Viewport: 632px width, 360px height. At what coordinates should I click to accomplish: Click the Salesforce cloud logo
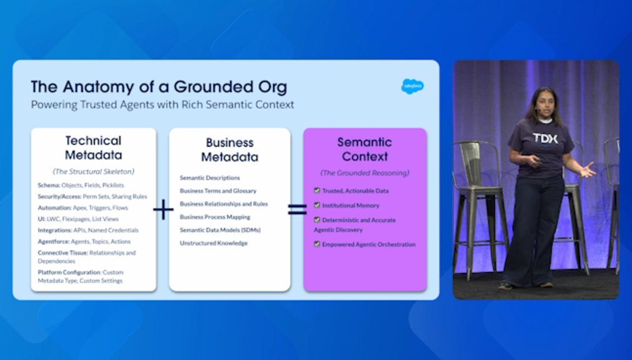point(413,86)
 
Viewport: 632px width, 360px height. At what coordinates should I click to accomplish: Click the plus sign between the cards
point(163,209)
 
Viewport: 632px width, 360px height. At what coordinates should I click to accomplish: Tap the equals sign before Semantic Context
point(297,209)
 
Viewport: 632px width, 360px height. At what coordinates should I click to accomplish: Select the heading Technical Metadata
point(94,147)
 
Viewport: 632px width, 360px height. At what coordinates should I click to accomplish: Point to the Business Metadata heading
point(230,149)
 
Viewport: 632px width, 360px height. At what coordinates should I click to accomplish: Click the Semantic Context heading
point(365,149)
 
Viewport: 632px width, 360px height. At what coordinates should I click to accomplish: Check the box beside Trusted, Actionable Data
point(317,190)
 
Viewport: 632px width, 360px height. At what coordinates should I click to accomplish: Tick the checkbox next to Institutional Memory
point(317,205)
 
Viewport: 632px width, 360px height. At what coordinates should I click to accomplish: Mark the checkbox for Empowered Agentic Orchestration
point(317,244)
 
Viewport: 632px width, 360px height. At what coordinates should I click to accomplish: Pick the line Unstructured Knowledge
point(214,243)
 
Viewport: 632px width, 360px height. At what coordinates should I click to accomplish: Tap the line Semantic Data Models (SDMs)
point(220,230)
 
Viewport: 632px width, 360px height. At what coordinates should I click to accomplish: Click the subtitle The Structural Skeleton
point(94,171)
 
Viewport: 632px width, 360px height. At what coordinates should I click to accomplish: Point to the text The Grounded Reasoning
point(365,173)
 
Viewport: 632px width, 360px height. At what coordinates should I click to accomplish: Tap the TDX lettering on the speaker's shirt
point(545,139)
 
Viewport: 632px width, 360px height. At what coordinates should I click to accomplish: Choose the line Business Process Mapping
point(215,217)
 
